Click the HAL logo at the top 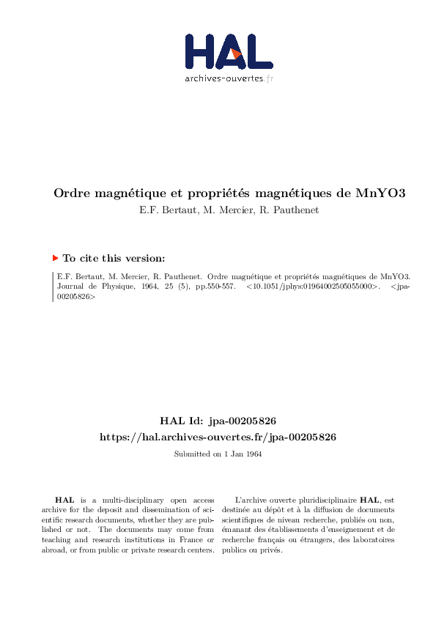[x=228, y=52]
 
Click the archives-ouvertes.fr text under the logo [x=229, y=78]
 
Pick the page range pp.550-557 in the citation [x=215, y=287]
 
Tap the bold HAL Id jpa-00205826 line [x=218, y=421]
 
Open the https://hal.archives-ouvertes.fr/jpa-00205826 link [x=218, y=437]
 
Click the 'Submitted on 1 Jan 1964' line [x=218, y=454]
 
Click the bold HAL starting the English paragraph [x=65, y=498]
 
